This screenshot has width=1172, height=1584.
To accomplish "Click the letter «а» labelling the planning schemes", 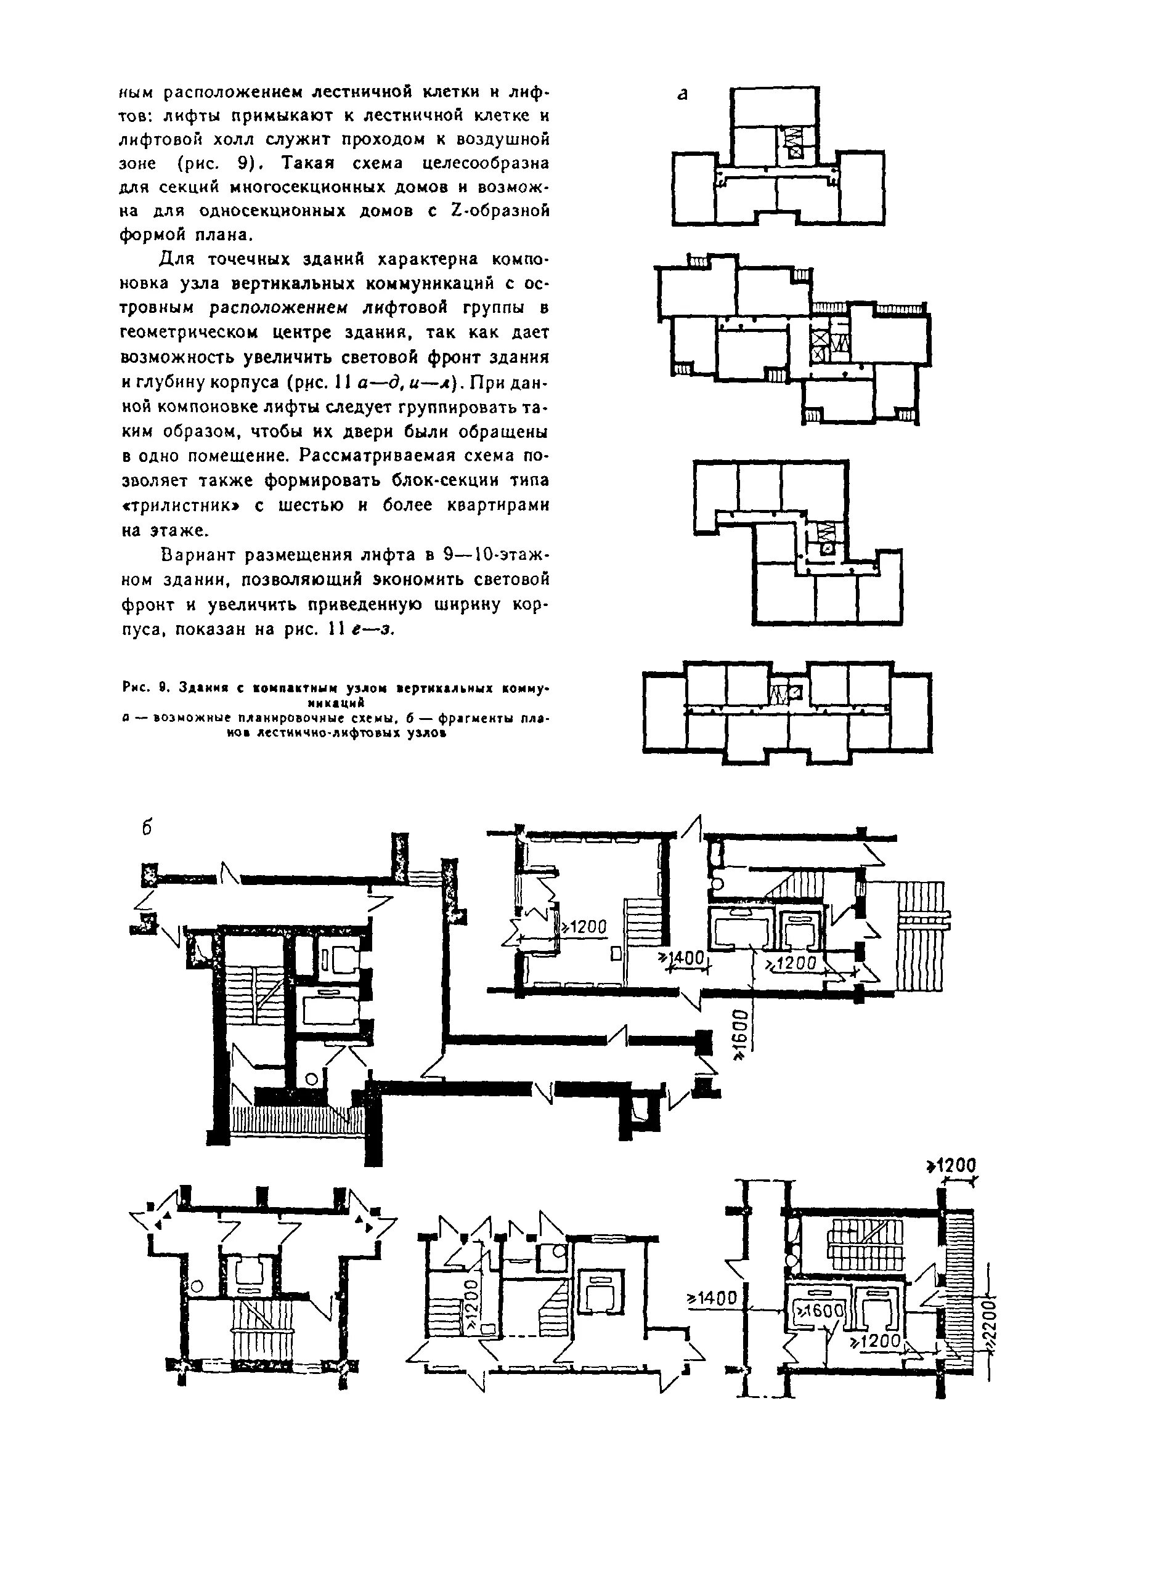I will [683, 94].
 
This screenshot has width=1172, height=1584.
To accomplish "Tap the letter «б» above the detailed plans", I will [147, 828].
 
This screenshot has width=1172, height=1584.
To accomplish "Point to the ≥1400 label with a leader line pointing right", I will [712, 1298].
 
